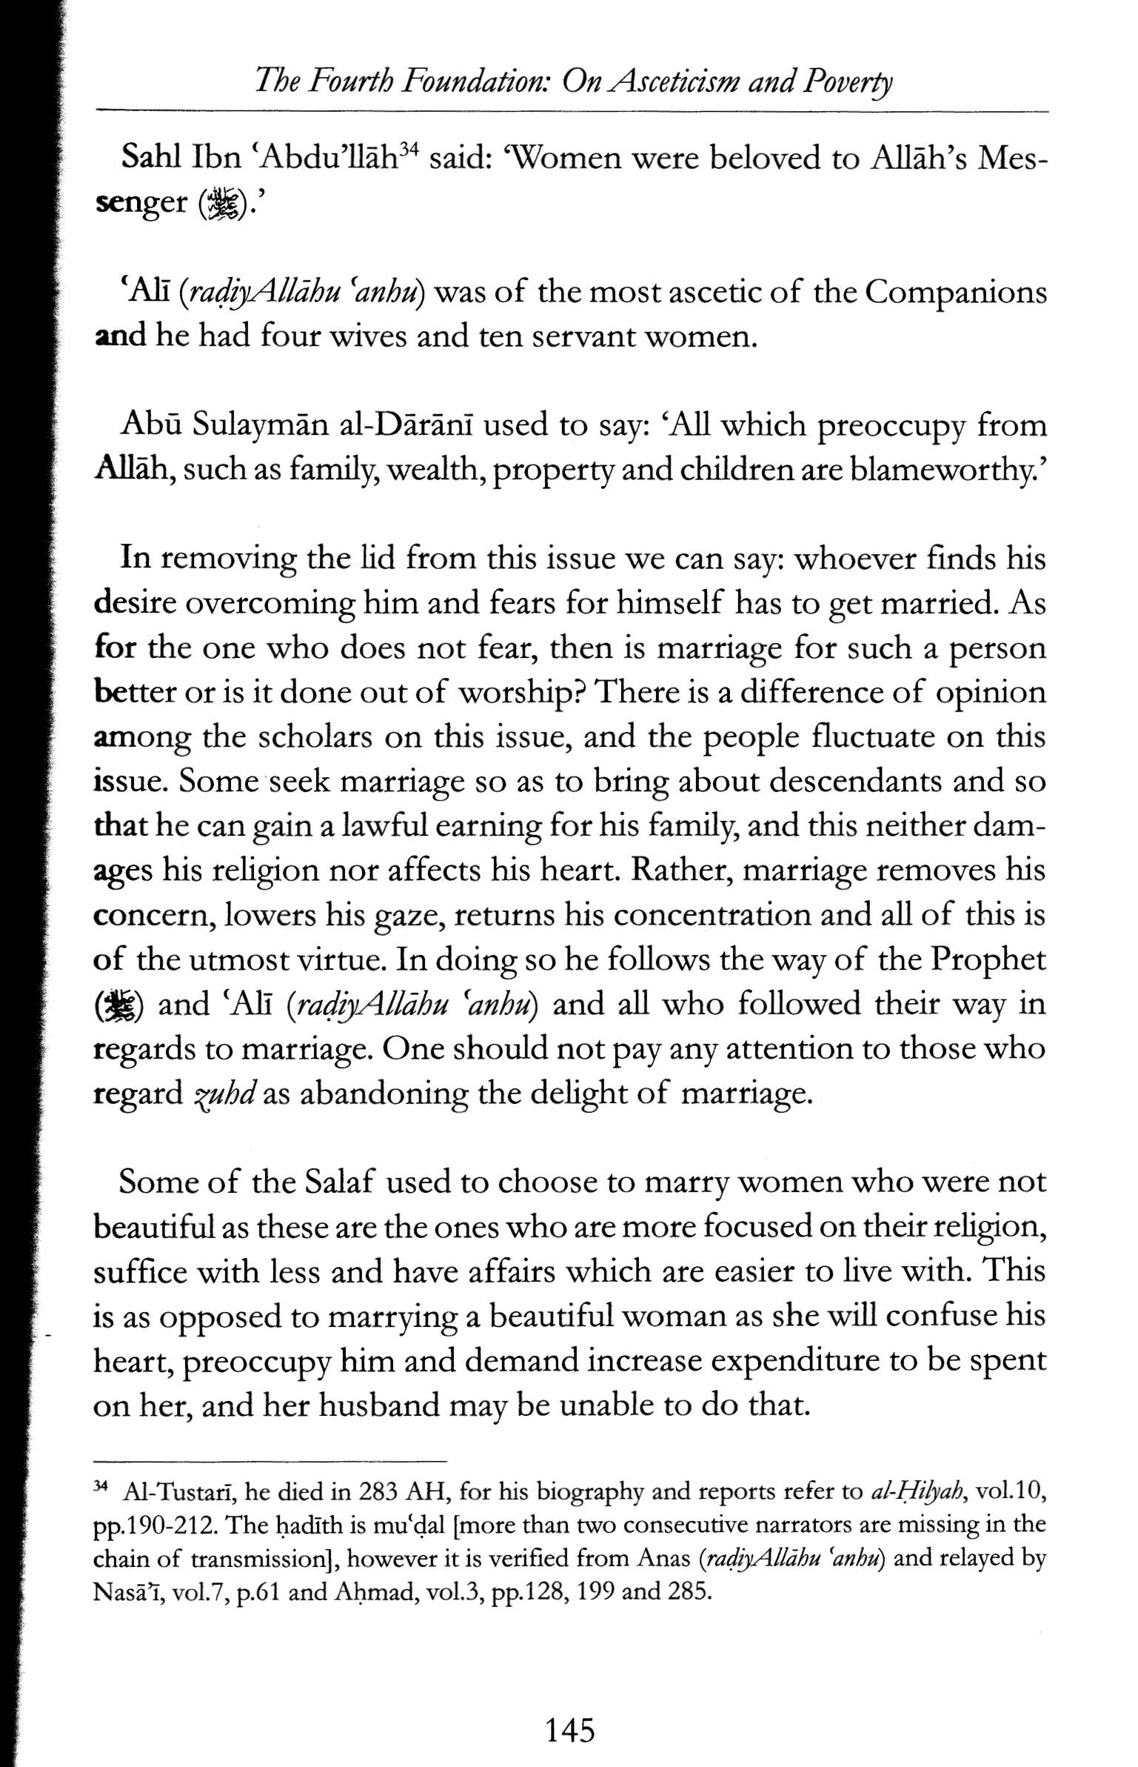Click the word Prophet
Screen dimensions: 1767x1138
988,960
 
